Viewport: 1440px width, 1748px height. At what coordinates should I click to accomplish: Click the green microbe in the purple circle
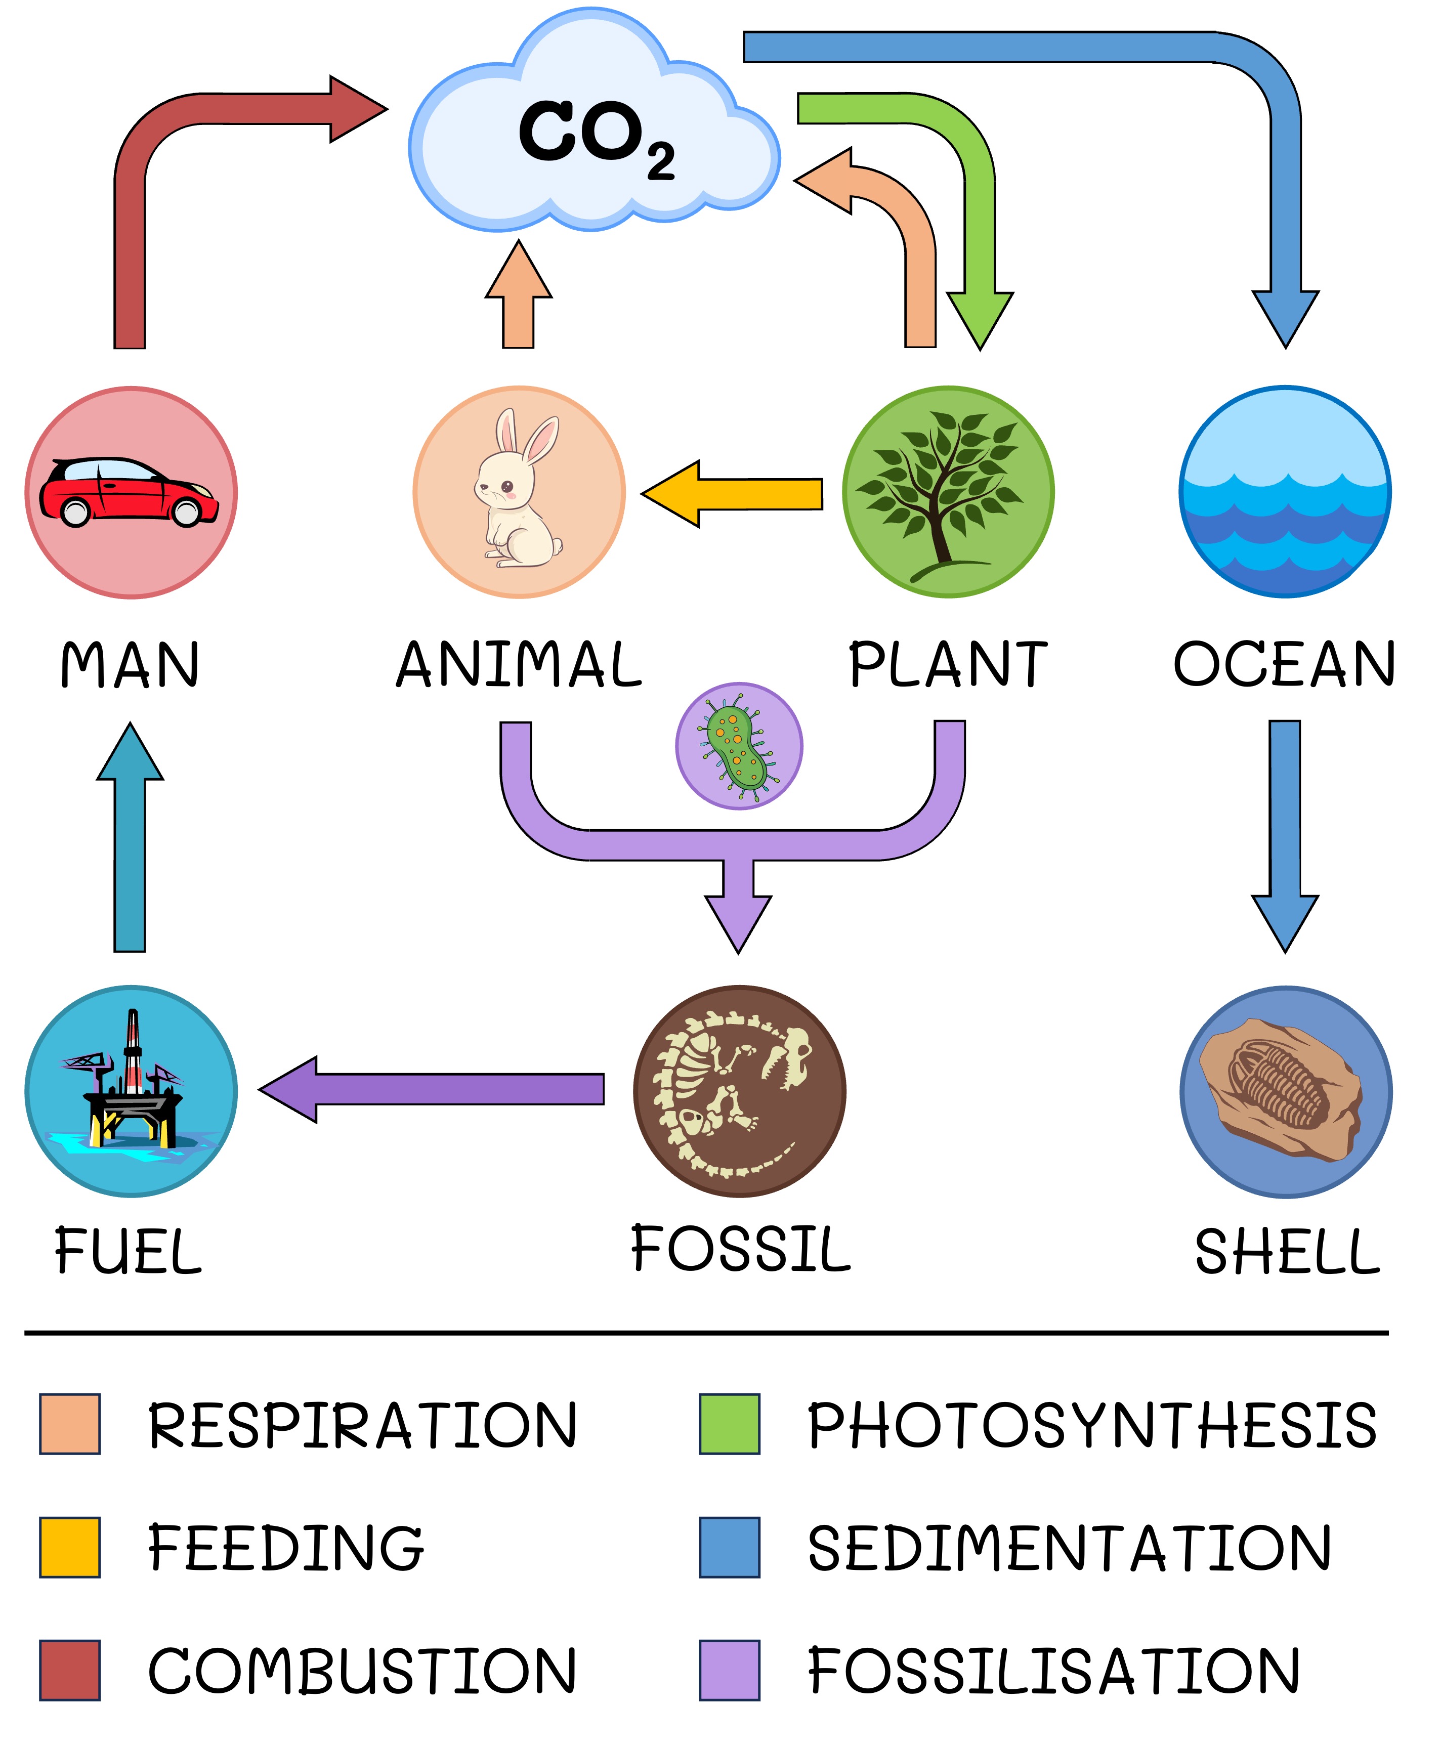click(738, 745)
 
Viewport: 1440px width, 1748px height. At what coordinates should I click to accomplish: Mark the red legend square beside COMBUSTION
click(70, 1669)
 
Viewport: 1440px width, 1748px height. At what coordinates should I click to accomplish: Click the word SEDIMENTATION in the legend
click(1069, 1548)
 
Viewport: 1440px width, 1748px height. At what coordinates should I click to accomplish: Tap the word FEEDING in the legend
click(284, 1548)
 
